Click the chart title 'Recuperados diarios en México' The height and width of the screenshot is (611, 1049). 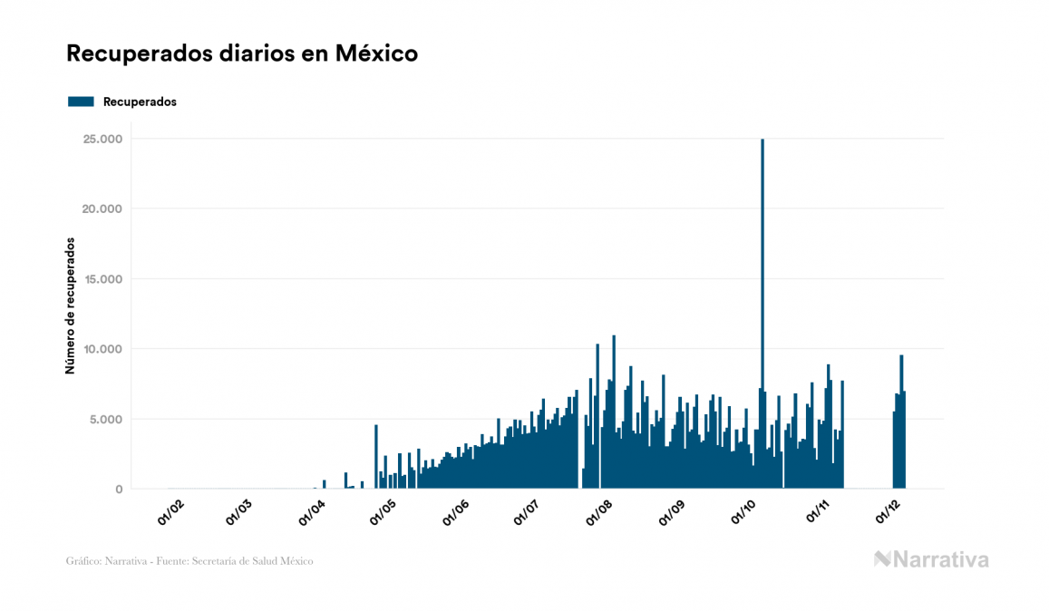coord(242,53)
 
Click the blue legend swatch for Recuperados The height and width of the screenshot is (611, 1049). coord(81,102)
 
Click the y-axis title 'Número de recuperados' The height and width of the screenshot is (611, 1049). coord(70,305)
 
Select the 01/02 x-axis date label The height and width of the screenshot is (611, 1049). coord(170,512)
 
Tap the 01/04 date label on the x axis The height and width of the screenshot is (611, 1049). coord(311,512)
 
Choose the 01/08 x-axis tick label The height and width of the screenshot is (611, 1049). coord(601,512)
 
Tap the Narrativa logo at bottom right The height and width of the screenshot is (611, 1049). coord(931,559)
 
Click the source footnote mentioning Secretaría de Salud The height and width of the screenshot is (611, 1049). coord(189,561)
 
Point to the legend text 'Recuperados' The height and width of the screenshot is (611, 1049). coord(140,102)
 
